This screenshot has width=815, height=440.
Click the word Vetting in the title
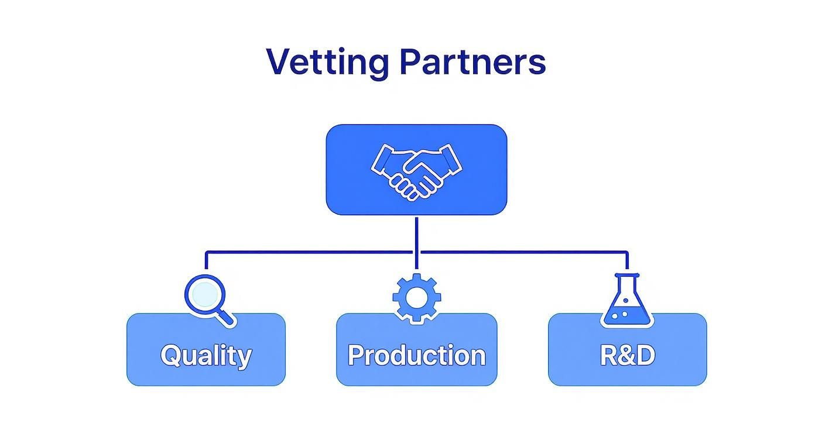[327, 61]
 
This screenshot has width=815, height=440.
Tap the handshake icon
[416, 170]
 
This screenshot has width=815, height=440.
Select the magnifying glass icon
[209, 299]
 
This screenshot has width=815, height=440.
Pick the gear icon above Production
[416, 298]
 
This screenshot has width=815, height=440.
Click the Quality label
[206, 355]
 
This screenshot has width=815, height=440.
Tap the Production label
[416, 355]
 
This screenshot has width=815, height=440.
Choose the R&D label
[627, 355]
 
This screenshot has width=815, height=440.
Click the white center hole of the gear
[416, 298]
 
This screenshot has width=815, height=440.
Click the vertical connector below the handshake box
[416, 234]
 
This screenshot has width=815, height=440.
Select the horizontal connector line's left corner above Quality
[207, 253]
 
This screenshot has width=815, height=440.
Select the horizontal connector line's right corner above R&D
[627, 253]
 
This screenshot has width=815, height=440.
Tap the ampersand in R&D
[627, 355]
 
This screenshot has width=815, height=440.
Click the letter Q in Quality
[170, 355]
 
